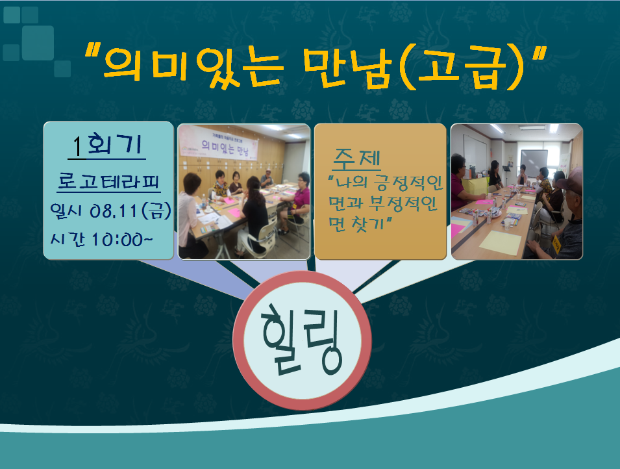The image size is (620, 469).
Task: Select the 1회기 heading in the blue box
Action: point(107,144)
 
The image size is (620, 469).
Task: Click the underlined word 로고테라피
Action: point(108,182)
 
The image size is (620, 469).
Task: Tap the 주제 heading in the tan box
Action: point(356,158)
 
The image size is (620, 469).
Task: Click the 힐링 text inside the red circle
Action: point(302,340)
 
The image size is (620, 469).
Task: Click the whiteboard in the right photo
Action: point(534,162)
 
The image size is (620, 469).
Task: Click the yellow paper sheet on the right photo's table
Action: point(500,242)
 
